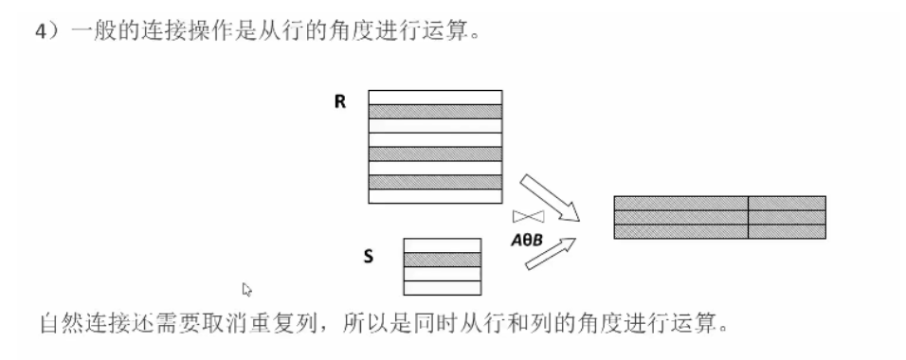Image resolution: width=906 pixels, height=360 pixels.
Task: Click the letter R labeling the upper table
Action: coord(339,101)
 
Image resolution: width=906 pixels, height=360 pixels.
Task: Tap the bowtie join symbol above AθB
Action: coord(527,216)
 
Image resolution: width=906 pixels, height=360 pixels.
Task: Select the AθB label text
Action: coord(526,240)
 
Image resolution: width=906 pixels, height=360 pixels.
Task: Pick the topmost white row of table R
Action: coord(435,96)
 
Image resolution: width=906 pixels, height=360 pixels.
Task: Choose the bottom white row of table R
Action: coord(435,196)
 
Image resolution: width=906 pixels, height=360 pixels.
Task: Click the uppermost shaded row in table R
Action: coord(435,110)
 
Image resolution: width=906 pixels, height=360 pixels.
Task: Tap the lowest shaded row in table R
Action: coord(435,182)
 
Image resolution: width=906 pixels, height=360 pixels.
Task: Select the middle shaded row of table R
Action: coord(435,153)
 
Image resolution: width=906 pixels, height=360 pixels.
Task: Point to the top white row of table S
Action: coord(442,244)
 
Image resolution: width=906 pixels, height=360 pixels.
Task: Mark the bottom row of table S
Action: coord(442,287)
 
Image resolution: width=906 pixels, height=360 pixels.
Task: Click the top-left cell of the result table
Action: coord(680,203)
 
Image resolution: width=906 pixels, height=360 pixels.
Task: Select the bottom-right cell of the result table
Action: coord(787,231)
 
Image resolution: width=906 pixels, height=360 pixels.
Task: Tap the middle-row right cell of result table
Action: coord(787,217)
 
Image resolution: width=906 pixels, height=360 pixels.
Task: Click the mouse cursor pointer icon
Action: coord(247,288)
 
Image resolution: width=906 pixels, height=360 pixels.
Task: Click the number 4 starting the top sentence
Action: coord(41,31)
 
